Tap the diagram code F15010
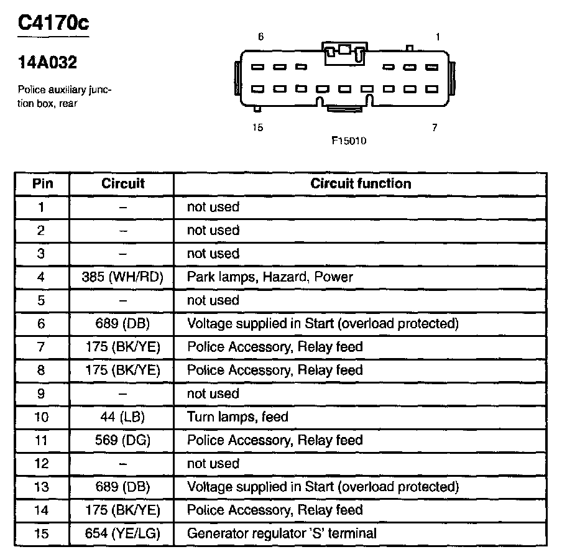click(x=348, y=141)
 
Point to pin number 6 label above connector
click(x=260, y=37)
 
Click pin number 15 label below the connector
click(x=258, y=128)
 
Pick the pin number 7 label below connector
click(x=435, y=128)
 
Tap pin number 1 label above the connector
click(x=438, y=37)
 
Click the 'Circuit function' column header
click(x=361, y=183)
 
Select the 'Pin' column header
click(x=42, y=183)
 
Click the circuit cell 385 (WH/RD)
click(x=122, y=277)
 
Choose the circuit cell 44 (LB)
click(x=122, y=417)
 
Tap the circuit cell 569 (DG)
click(x=122, y=440)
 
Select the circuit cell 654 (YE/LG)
click(x=122, y=533)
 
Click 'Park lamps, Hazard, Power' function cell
click(x=270, y=277)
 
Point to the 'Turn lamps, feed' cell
click(x=237, y=417)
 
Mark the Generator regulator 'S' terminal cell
click(x=282, y=533)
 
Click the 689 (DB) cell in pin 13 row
click(x=122, y=487)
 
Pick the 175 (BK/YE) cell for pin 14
click(x=122, y=510)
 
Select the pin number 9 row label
click(x=42, y=394)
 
